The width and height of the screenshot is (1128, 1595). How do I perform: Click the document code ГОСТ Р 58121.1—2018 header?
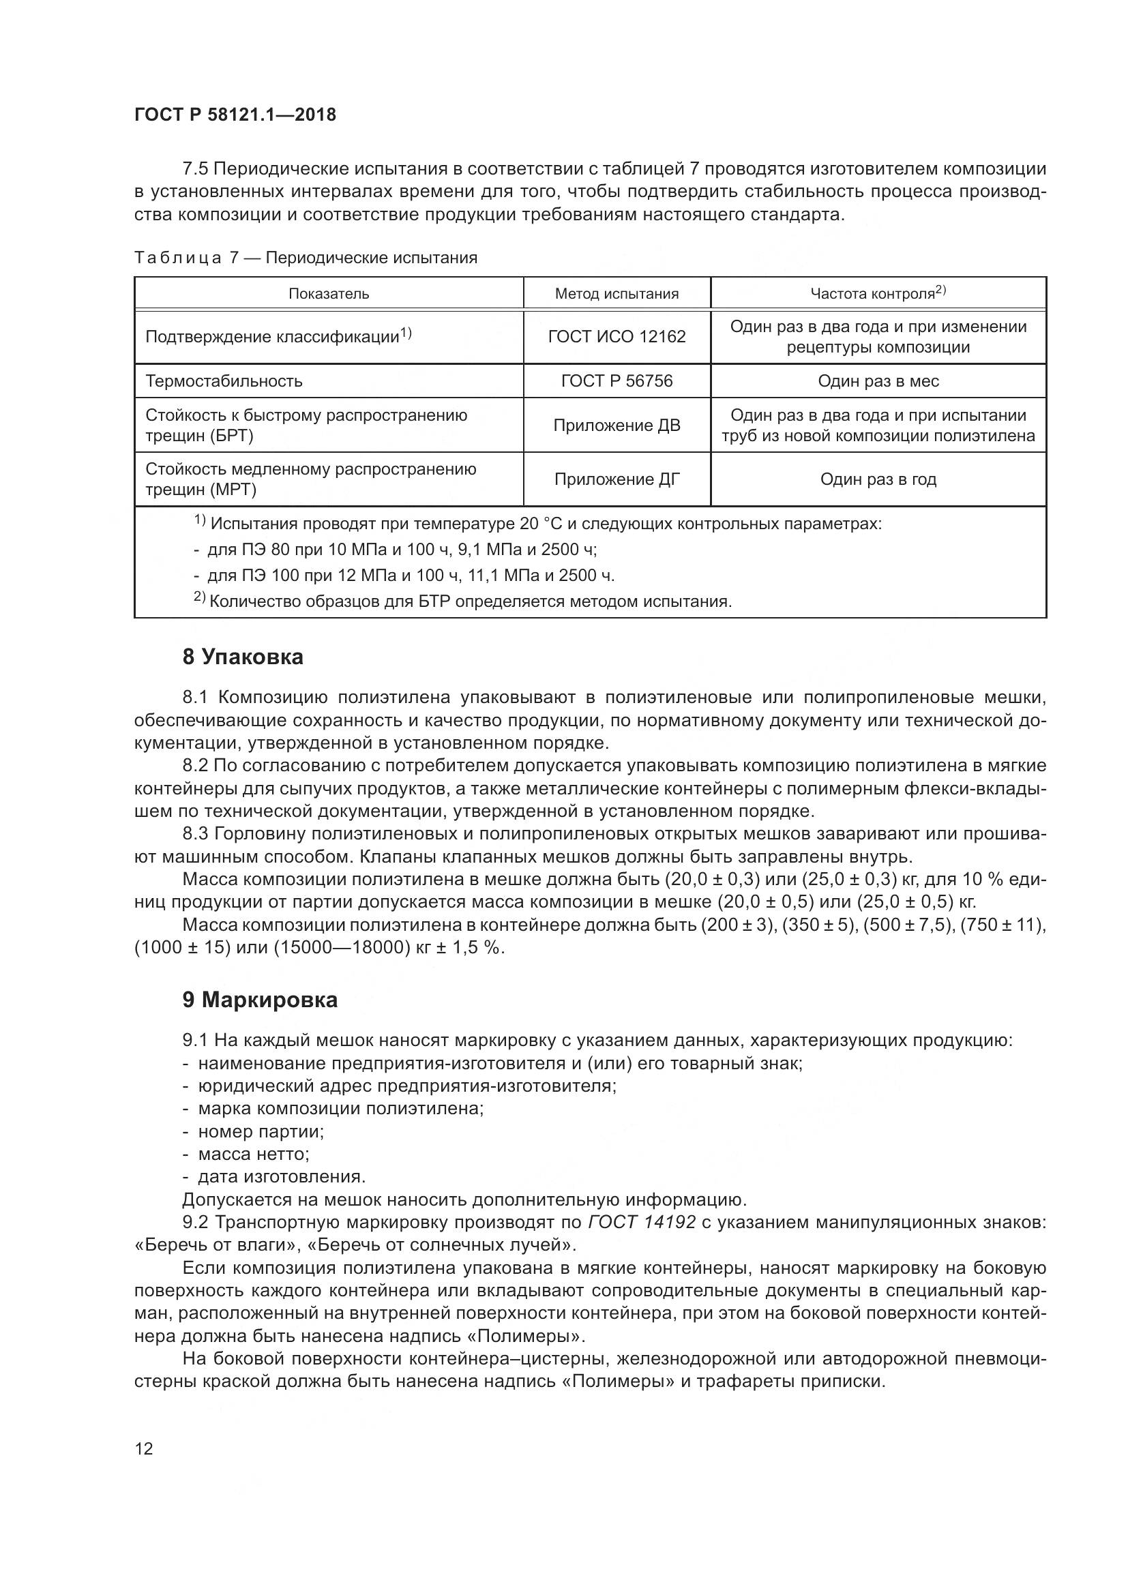[235, 115]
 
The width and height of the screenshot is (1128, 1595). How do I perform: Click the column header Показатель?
[329, 294]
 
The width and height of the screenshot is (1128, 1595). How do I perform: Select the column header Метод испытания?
[616, 294]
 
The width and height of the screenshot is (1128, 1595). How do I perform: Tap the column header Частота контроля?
[877, 293]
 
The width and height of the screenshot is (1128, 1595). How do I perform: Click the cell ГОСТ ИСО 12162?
[616, 337]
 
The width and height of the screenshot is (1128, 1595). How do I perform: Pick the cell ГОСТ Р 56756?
[616, 381]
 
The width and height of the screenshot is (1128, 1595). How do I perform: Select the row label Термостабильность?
[224, 381]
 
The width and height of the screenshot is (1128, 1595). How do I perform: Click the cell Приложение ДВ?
[616, 425]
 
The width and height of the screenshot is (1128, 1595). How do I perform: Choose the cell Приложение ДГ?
[616, 479]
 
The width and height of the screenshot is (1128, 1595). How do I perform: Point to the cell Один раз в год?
[878, 479]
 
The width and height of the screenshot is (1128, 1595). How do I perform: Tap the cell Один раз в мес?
[878, 381]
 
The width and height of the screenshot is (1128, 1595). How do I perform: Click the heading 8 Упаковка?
[242, 657]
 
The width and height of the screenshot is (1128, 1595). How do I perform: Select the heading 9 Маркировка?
[260, 1000]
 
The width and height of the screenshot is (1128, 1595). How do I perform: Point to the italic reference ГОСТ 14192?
[641, 1222]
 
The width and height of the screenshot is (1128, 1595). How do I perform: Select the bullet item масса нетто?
[253, 1154]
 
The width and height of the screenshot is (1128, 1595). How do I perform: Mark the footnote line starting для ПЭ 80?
[402, 550]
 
